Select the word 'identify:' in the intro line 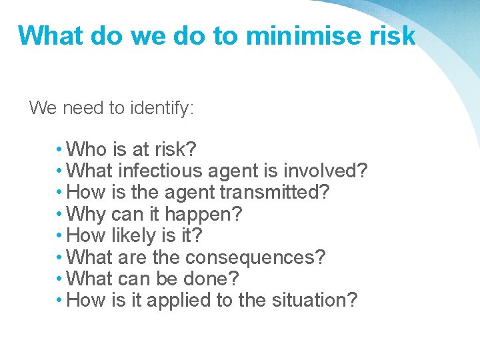tap(161, 108)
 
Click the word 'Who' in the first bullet tap(87, 149)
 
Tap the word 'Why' tap(87, 214)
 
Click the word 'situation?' tap(315, 300)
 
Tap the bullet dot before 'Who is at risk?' tap(60, 149)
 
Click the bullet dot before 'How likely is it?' tap(60, 235)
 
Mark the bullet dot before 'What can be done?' tap(60, 279)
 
